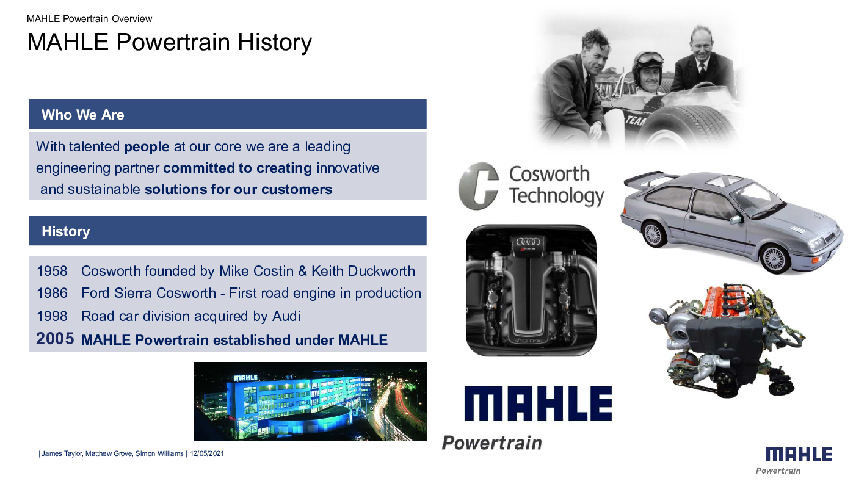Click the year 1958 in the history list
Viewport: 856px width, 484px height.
[x=52, y=271]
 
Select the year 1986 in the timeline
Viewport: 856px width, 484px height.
[x=52, y=293]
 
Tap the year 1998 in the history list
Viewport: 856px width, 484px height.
[x=52, y=316]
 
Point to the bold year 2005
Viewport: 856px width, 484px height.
[x=55, y=339]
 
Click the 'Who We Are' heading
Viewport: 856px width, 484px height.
[x=82, y=115]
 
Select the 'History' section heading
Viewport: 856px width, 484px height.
[x=66, y=231]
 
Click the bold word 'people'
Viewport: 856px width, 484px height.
[x=147, y=146]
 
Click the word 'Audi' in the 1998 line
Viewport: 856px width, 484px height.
[x=286, y=316]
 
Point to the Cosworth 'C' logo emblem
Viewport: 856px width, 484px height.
[x=479, y=186]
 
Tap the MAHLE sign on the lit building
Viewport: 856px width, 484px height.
[x=245, y=378]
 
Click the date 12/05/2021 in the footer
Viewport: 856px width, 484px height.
[x=207, y=453]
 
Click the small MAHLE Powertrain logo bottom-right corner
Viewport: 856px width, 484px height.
[x=799, y=460]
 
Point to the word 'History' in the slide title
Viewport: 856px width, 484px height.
[x=275, y=42]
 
